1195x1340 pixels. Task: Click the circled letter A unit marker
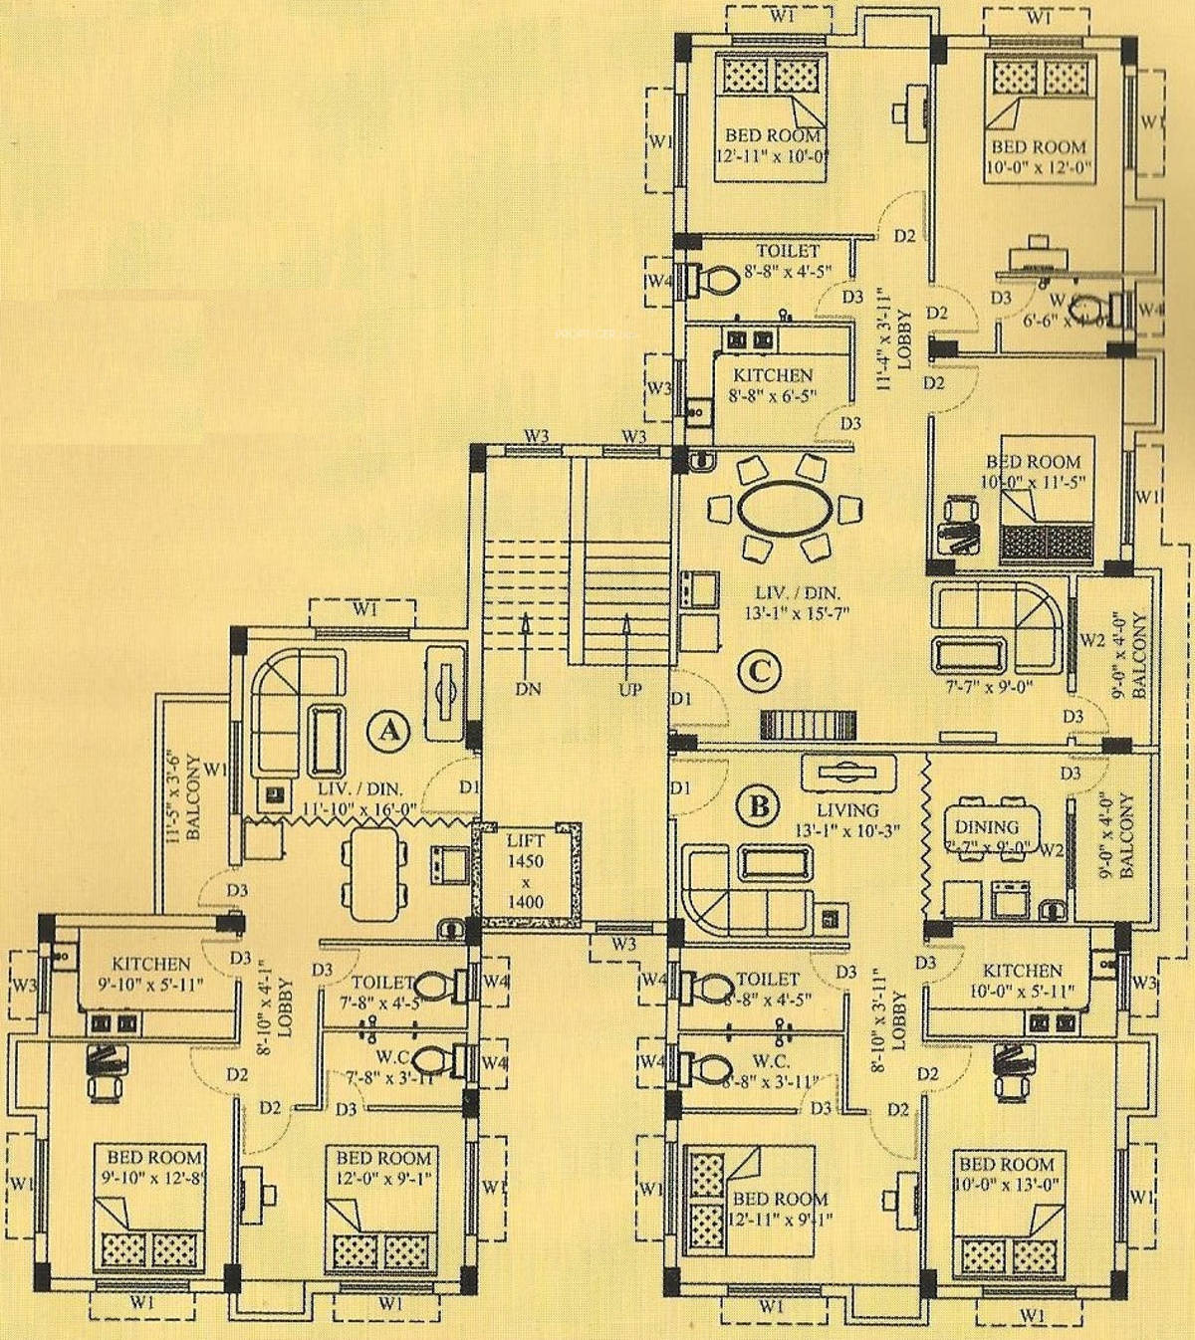tap(388, 731)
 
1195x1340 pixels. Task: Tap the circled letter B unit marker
tap(759, 804)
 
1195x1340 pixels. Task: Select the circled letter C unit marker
tap(759, 671)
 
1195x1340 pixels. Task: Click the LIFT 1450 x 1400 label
tap(526, 871)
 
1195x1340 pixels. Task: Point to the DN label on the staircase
tap(528, 688)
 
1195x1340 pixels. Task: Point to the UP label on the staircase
tap(629, 688)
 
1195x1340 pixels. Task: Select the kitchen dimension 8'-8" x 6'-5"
tap(773, 394)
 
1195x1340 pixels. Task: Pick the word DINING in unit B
tap(986, 826)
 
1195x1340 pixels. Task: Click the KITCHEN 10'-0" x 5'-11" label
tap(1022, 980)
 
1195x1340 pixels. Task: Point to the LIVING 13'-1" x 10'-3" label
tap(846, 819)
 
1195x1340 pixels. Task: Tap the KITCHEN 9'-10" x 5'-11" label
tap(151, 974)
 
